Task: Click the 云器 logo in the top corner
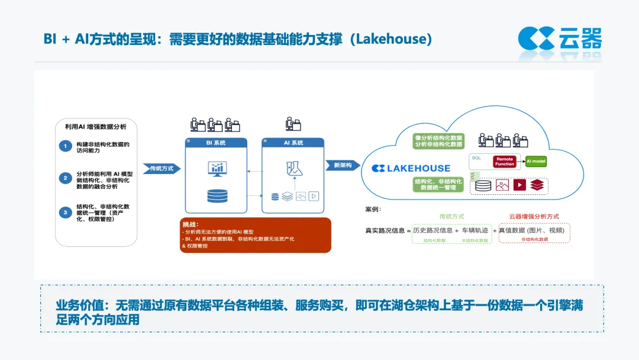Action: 560,38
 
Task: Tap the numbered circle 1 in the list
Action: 65,146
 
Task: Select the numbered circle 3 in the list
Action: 65,212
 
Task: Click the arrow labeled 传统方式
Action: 162,168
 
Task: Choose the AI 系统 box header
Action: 293,143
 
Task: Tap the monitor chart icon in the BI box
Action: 217,169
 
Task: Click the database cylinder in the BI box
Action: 217,196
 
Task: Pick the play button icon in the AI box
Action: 314,197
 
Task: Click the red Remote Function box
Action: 505,161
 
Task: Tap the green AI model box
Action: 536,161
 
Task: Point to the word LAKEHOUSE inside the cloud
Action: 418,168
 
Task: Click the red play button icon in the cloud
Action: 519,185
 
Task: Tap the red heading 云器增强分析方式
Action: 534,217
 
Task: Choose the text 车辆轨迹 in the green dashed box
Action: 475,230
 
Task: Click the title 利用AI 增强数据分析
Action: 96,126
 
